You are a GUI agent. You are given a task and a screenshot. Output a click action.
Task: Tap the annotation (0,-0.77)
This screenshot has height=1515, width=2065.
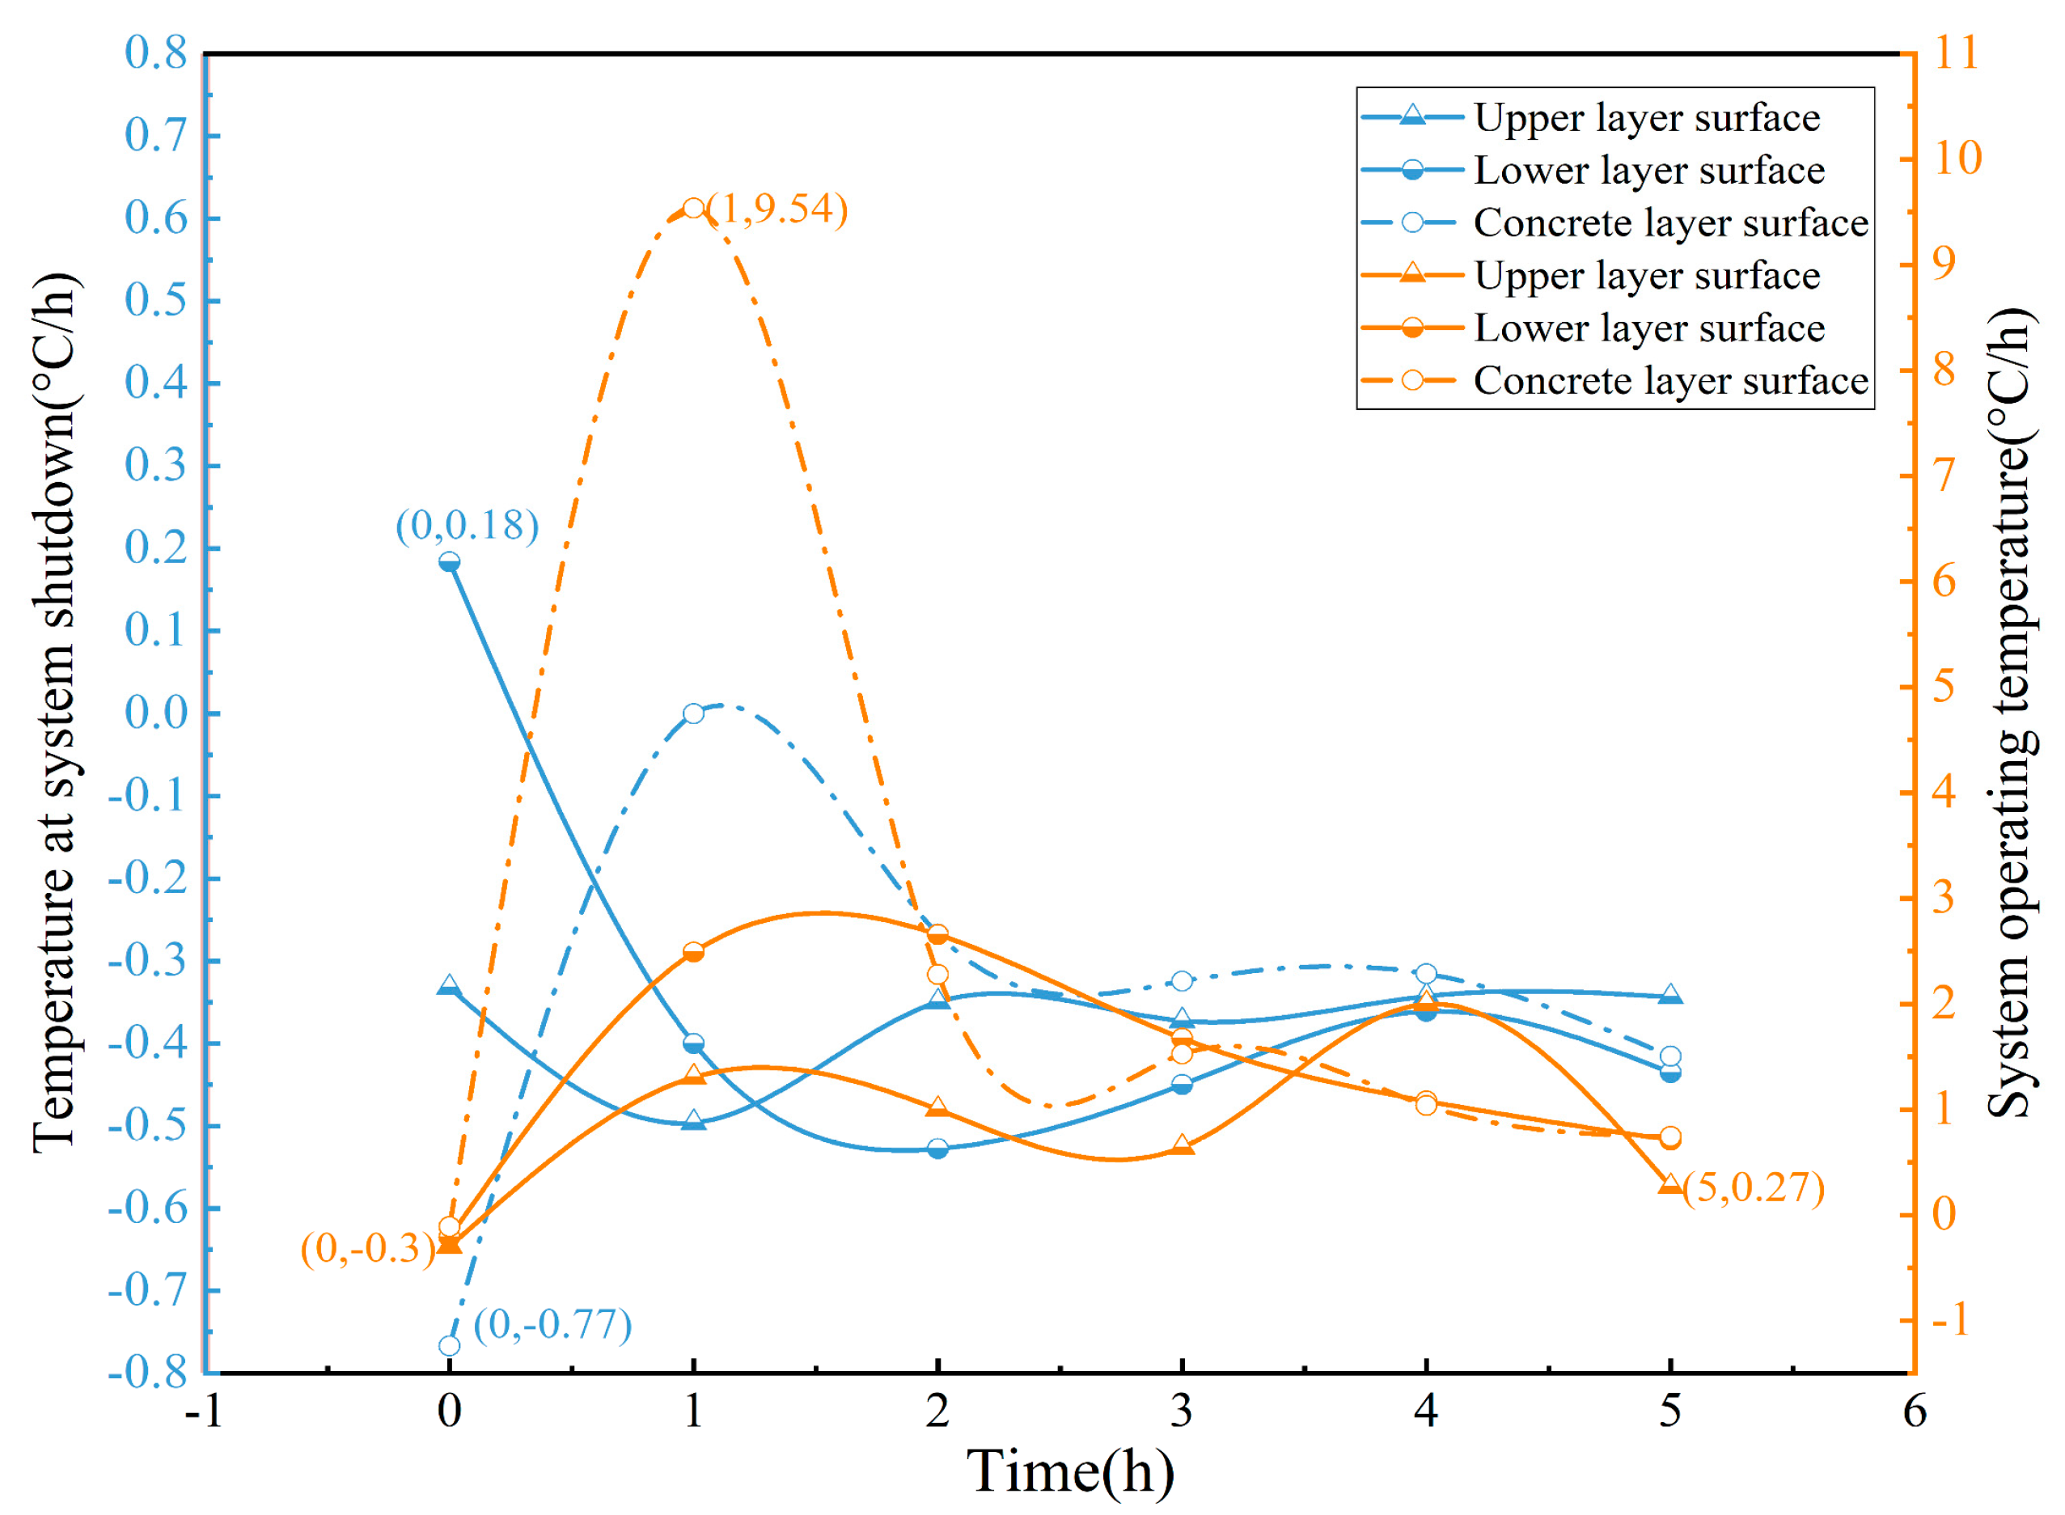point(552,1324)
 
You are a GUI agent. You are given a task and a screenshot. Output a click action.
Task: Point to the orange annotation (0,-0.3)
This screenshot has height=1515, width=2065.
point(366,1248)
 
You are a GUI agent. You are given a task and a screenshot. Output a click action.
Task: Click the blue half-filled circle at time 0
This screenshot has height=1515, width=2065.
point(448,561)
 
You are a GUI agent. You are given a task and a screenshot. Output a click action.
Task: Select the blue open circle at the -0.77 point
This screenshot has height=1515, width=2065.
point(448,1345)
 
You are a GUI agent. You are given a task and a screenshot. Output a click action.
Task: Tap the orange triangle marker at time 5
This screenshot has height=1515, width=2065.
point(1669,1185)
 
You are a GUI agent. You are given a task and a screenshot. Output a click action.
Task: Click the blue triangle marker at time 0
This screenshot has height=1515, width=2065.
point(448,986)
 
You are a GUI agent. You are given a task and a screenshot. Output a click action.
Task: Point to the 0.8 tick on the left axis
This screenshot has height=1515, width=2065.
point(156,53)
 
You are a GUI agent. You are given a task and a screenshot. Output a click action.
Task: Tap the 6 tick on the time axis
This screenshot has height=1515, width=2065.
point(1914,1411)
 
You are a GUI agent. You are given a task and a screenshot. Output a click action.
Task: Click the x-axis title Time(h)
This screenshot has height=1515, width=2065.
point(1069,1472)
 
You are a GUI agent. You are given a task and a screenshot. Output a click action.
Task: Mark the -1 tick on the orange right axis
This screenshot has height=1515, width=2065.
point(1949,1321)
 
